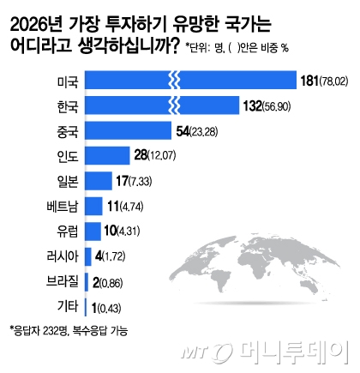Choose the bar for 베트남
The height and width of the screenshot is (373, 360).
point(94,206)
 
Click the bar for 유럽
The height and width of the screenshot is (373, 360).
point(93,231)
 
